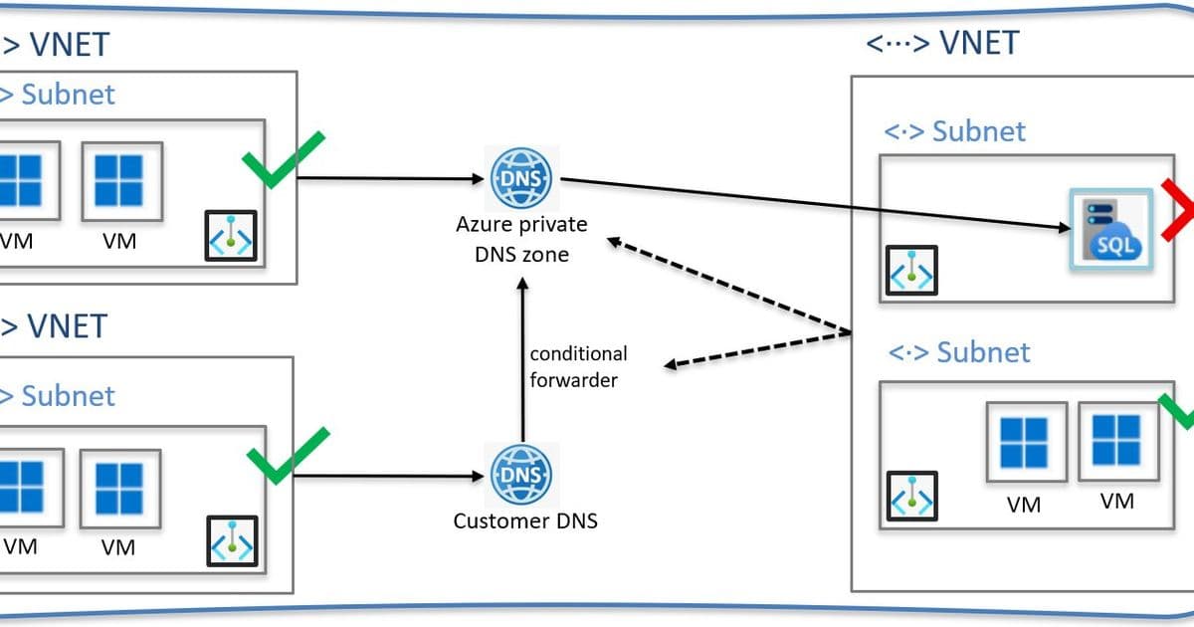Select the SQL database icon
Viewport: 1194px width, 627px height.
pyautogui.click(x=1107, y=230)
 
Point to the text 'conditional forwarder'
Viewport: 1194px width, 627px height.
pyautogui.click(x=578, y=367)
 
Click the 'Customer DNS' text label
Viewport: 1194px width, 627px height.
pyautogui.click(x=525, y=521)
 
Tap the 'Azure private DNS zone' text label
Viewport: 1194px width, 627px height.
pyautogui.click(x=521, y=239)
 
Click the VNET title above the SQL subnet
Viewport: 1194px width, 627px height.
pyautogui.click(x=942, y=43)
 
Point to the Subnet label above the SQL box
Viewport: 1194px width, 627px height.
pyautogui.click(x=955, y=131)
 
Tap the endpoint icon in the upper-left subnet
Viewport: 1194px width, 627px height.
pyautogui.click(x=231, y=236)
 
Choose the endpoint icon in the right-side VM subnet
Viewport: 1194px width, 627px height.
pyautogui.click(x=912, y=496)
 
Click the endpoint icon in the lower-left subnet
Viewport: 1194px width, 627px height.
pyautogui.click(x=231, y=540)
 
